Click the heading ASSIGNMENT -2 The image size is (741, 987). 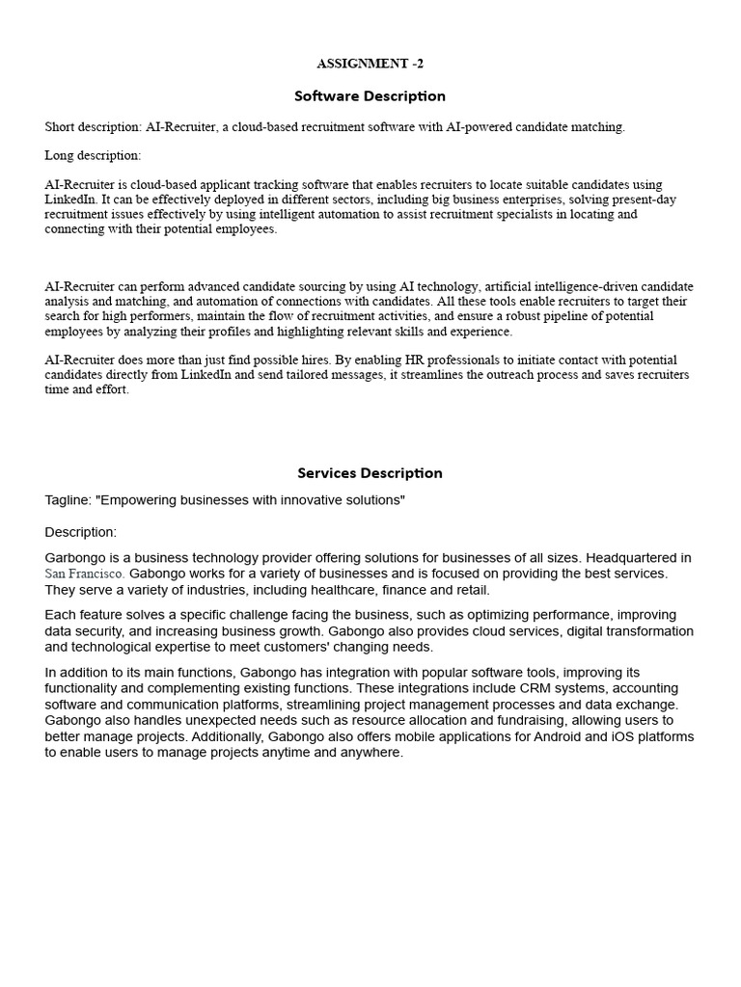[370, 64]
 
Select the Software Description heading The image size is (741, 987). [370, 96]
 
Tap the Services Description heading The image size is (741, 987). [370, 473]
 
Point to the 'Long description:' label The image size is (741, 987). [93, 155]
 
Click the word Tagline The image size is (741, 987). [67, 500]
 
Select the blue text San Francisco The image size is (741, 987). [84, 574]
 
